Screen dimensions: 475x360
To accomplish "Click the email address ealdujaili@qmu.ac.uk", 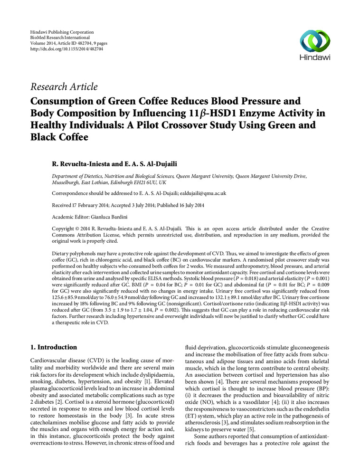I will point(199,194).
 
